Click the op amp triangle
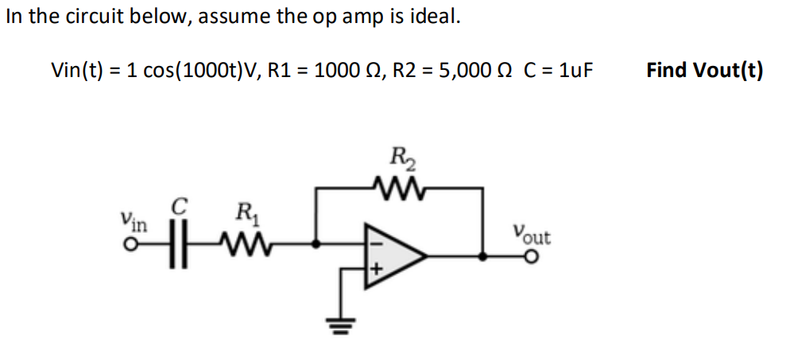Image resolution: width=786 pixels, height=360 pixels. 393,255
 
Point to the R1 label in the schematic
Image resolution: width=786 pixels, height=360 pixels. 242,213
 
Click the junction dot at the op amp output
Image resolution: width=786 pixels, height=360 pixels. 483,256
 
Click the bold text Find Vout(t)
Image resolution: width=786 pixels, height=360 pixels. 704,70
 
